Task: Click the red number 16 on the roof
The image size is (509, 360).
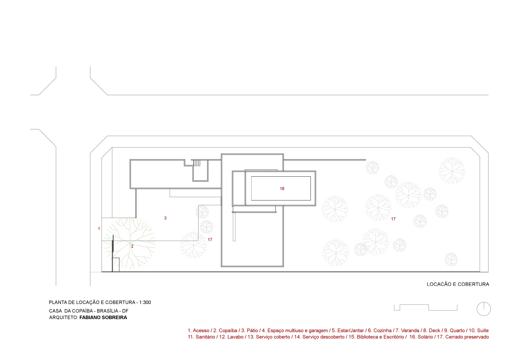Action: pos(282,189)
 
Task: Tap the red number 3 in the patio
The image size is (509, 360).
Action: pos(165,218)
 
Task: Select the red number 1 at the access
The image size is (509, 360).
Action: pos(99,229)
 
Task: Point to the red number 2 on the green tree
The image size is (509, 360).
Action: pos(132,246)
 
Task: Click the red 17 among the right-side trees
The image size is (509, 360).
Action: pos(393,219)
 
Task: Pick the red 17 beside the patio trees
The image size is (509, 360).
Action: pos(210,240)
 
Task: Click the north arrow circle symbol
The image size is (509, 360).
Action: pos(484,309)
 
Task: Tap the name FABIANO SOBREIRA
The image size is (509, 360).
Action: pos(103,317)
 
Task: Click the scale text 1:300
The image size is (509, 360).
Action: pos(145,302)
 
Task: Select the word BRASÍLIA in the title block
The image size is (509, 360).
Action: pos(107,311)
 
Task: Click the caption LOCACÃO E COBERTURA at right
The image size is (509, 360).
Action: pos(458,284)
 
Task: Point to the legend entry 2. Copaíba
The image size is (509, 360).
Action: pos(225,330)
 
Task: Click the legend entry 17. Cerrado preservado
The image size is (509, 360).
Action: pos(463,337)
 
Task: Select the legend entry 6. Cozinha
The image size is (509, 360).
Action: pos(380,330)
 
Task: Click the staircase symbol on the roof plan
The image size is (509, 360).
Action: pos(197,163)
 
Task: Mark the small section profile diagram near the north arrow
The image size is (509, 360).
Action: pos(426,307)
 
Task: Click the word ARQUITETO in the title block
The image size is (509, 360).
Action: pos(64,317)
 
